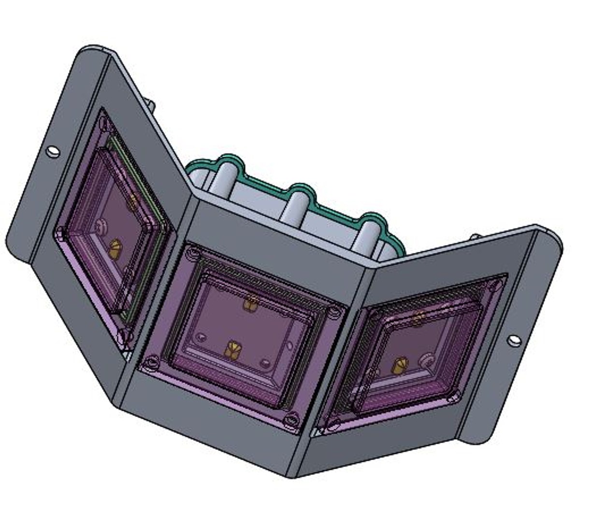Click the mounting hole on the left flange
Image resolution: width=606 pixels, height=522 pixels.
click(53, 152)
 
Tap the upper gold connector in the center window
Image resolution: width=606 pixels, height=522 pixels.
click(250, 304)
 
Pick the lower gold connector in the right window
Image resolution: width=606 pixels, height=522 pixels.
click(399, 366)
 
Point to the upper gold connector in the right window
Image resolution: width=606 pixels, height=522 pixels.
click(418, 317)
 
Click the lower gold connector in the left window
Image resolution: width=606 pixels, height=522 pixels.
click(115, 248)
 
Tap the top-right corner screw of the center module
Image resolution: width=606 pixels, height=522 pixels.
click(334, 312)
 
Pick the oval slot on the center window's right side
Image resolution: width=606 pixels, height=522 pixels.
click(289, 345)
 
